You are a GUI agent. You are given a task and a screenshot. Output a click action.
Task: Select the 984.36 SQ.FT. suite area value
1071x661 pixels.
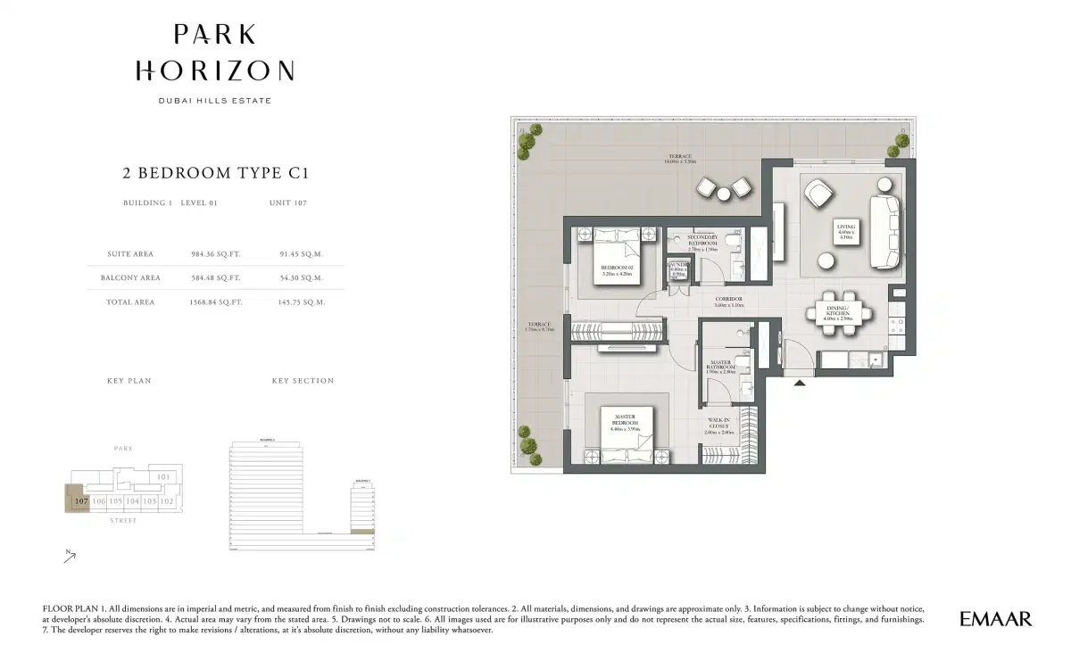[217, 254]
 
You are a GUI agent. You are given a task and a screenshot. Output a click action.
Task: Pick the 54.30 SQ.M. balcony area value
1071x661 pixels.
[301, 277]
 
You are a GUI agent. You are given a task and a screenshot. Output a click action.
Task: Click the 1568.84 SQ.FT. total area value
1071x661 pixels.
[217, 302]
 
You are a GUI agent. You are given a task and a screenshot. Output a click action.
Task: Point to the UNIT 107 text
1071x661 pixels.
[287, 203]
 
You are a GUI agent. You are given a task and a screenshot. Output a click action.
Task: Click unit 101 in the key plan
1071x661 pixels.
[163, 477]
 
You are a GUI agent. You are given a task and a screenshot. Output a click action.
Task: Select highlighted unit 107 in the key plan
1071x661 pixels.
[80, 500]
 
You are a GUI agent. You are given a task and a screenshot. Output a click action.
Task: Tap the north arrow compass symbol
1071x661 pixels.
[70, 557]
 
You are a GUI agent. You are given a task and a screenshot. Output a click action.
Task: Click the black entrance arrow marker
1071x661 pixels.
[801, 383]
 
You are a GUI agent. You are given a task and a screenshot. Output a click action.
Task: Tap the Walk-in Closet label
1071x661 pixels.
[719, 426]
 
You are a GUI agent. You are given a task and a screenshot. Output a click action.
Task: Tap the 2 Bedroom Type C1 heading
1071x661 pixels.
[215, 173]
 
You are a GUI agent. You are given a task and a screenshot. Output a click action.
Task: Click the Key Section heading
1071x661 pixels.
[303, 381]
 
